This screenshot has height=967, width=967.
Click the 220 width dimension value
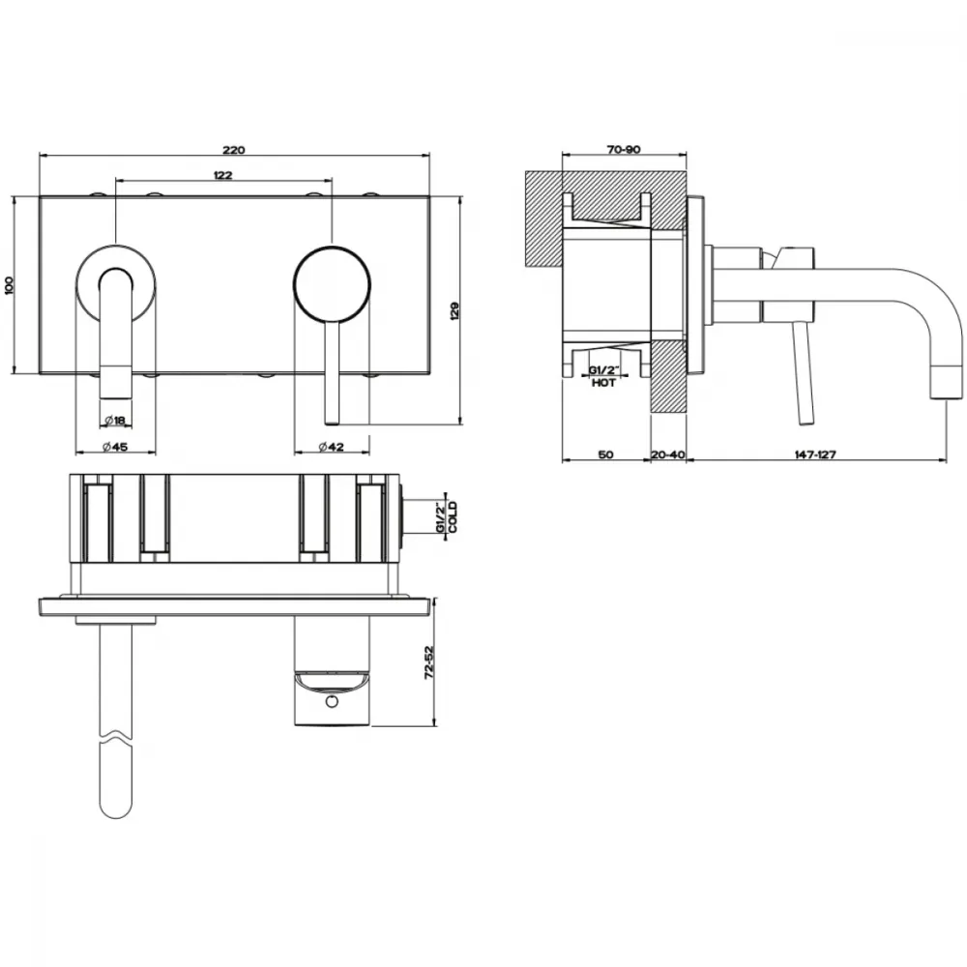tap(234, 150)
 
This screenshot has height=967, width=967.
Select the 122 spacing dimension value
tap(223, 175)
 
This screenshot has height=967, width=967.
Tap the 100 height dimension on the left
tap(9, 284)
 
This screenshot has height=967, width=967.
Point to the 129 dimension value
tap(455, 310)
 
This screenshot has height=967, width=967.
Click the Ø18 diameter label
tap(115, 421)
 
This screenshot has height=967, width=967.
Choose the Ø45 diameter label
tap(115, 447)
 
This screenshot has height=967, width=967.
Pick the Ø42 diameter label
tap(331, 447)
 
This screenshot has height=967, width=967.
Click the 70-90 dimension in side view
tap(624, 150)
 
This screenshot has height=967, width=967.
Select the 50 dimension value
tap(606, 454)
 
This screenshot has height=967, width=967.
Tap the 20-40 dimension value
tap(668, 454)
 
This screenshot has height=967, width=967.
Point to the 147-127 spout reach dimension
tap(815, 454)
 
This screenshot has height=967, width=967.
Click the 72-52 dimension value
tap(430, 662)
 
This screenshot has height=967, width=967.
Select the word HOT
tap(603, 383)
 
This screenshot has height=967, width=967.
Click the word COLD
tap(454, 516)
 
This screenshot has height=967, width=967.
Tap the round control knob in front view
tap(332, 284)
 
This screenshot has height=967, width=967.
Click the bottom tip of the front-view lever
tap(332, 424)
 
